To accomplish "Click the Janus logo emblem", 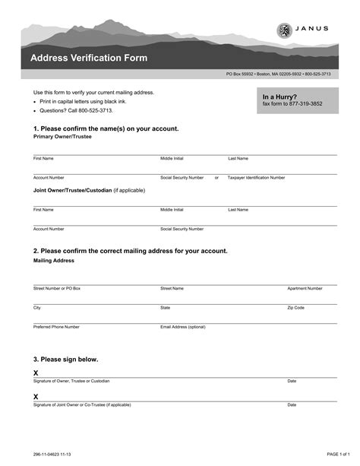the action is click(283, 30).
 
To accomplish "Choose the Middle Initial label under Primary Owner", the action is click(172, 158).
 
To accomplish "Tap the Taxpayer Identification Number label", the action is click(257, 177).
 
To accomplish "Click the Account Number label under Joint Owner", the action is click(49, 228).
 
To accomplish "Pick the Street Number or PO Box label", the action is click(56, 288).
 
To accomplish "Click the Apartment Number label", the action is click(305, 288).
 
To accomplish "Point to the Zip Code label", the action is click(295, 307).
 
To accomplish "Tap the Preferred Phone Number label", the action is click(56, 326).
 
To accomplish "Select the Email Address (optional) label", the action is click(183, 326).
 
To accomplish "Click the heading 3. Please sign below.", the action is click(65, 359).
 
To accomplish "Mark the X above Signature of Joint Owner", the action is click(36, 397).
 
